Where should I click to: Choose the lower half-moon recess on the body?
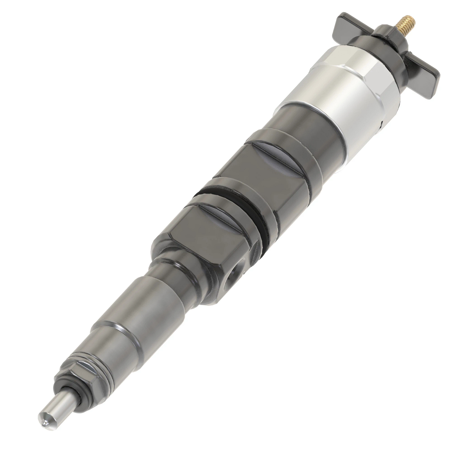coord(230,218)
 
